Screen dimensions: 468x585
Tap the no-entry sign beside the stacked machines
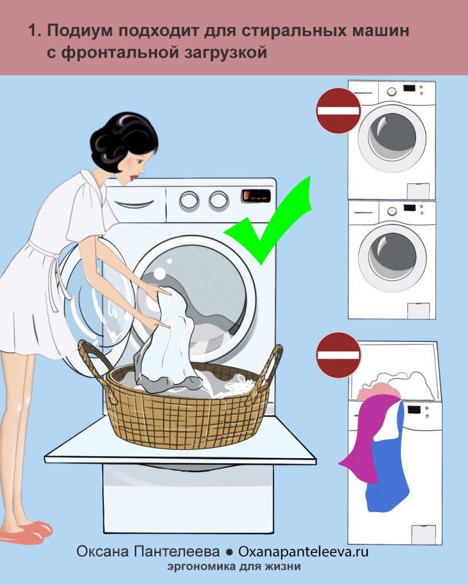point(338,111)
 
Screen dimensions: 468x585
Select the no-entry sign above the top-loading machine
point(338,355)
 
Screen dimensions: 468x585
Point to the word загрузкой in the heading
point(226,53)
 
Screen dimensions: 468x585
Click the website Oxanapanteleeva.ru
point(303,551)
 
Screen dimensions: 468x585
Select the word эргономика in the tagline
point(201,567)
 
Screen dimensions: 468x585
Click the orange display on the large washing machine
point(256,196)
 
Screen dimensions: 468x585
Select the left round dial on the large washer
point(189,200)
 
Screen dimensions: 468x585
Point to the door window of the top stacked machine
point(392,138)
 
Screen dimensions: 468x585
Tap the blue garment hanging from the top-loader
point(388,463)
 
